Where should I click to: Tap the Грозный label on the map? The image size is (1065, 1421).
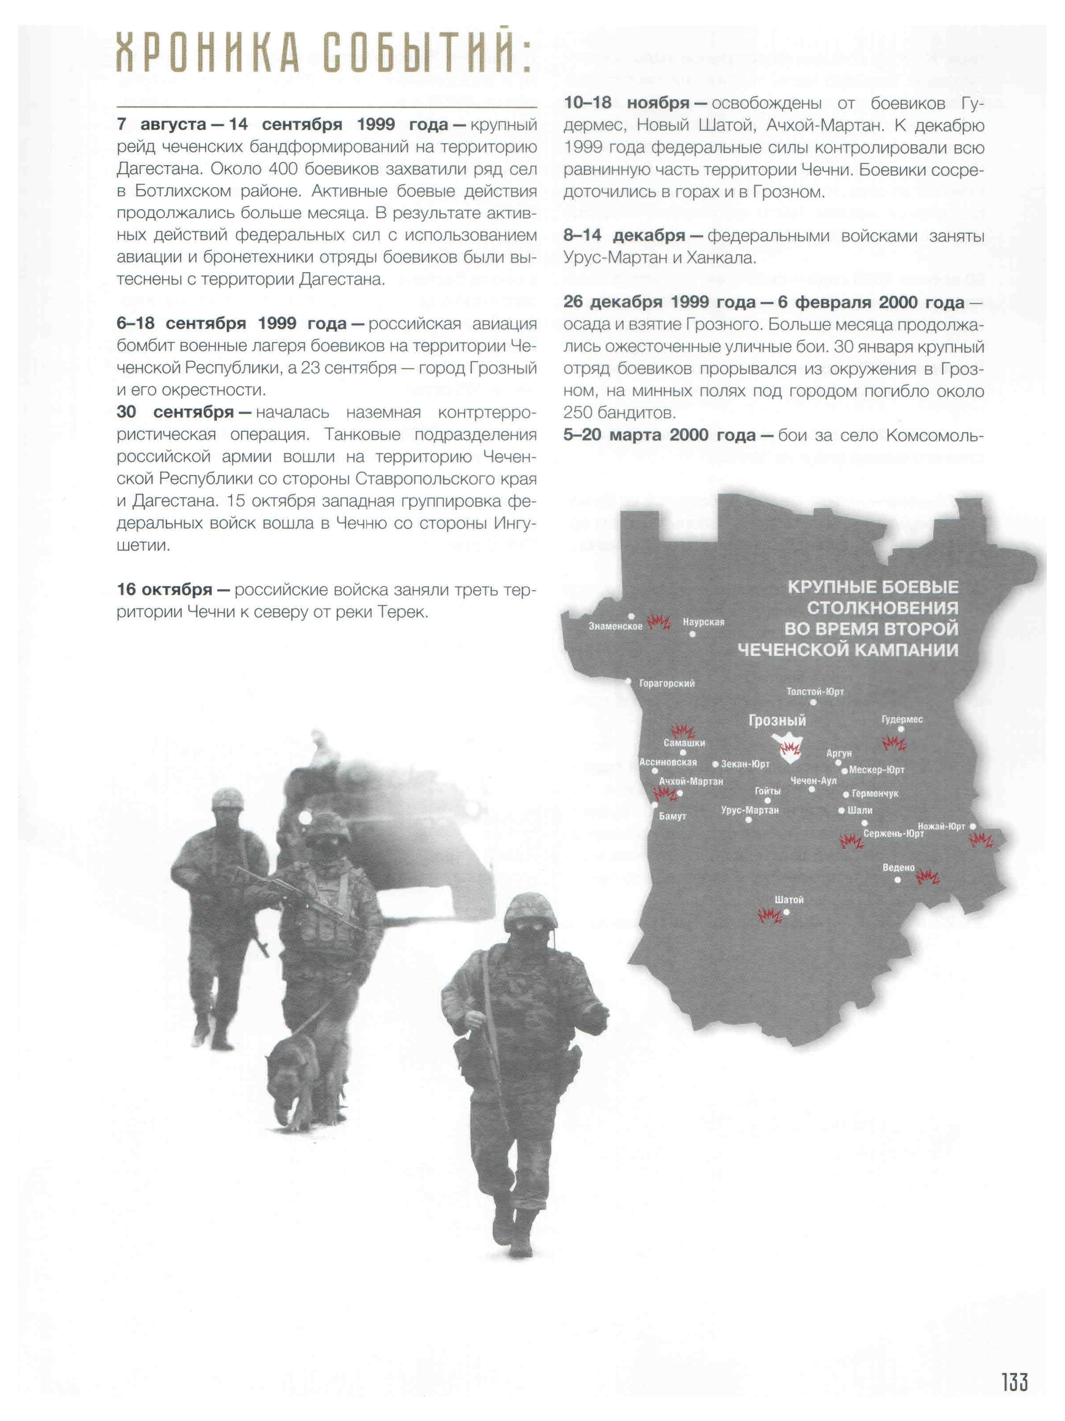coord(777,720)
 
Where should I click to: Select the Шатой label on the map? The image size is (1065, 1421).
coord(789,899)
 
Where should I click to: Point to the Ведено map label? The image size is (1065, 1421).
coord(898,867)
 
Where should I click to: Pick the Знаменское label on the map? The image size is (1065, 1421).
coord(615,626)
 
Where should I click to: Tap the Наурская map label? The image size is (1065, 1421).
coord(703,621)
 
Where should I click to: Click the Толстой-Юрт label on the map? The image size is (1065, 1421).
coord(815,691)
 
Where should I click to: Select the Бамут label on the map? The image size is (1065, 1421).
coord(672,816)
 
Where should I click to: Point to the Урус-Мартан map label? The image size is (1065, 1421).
coord(749,810)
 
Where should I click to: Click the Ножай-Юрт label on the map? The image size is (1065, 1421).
coord(941,826)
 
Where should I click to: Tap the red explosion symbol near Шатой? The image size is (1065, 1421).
coord(769,915)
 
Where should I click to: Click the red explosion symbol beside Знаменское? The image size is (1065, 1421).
coord(658,621)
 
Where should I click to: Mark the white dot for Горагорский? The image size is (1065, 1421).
coord(628,682)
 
